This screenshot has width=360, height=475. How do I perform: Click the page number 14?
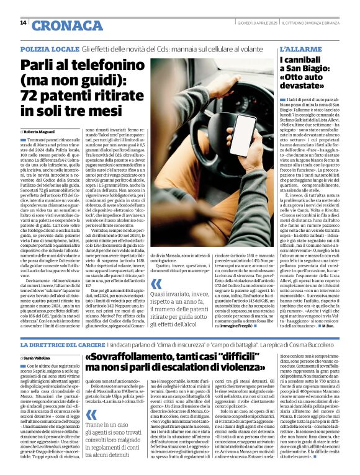(24, 23)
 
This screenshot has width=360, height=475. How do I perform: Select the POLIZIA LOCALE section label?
(48, 48)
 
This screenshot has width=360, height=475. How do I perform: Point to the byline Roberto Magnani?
(42, 132)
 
